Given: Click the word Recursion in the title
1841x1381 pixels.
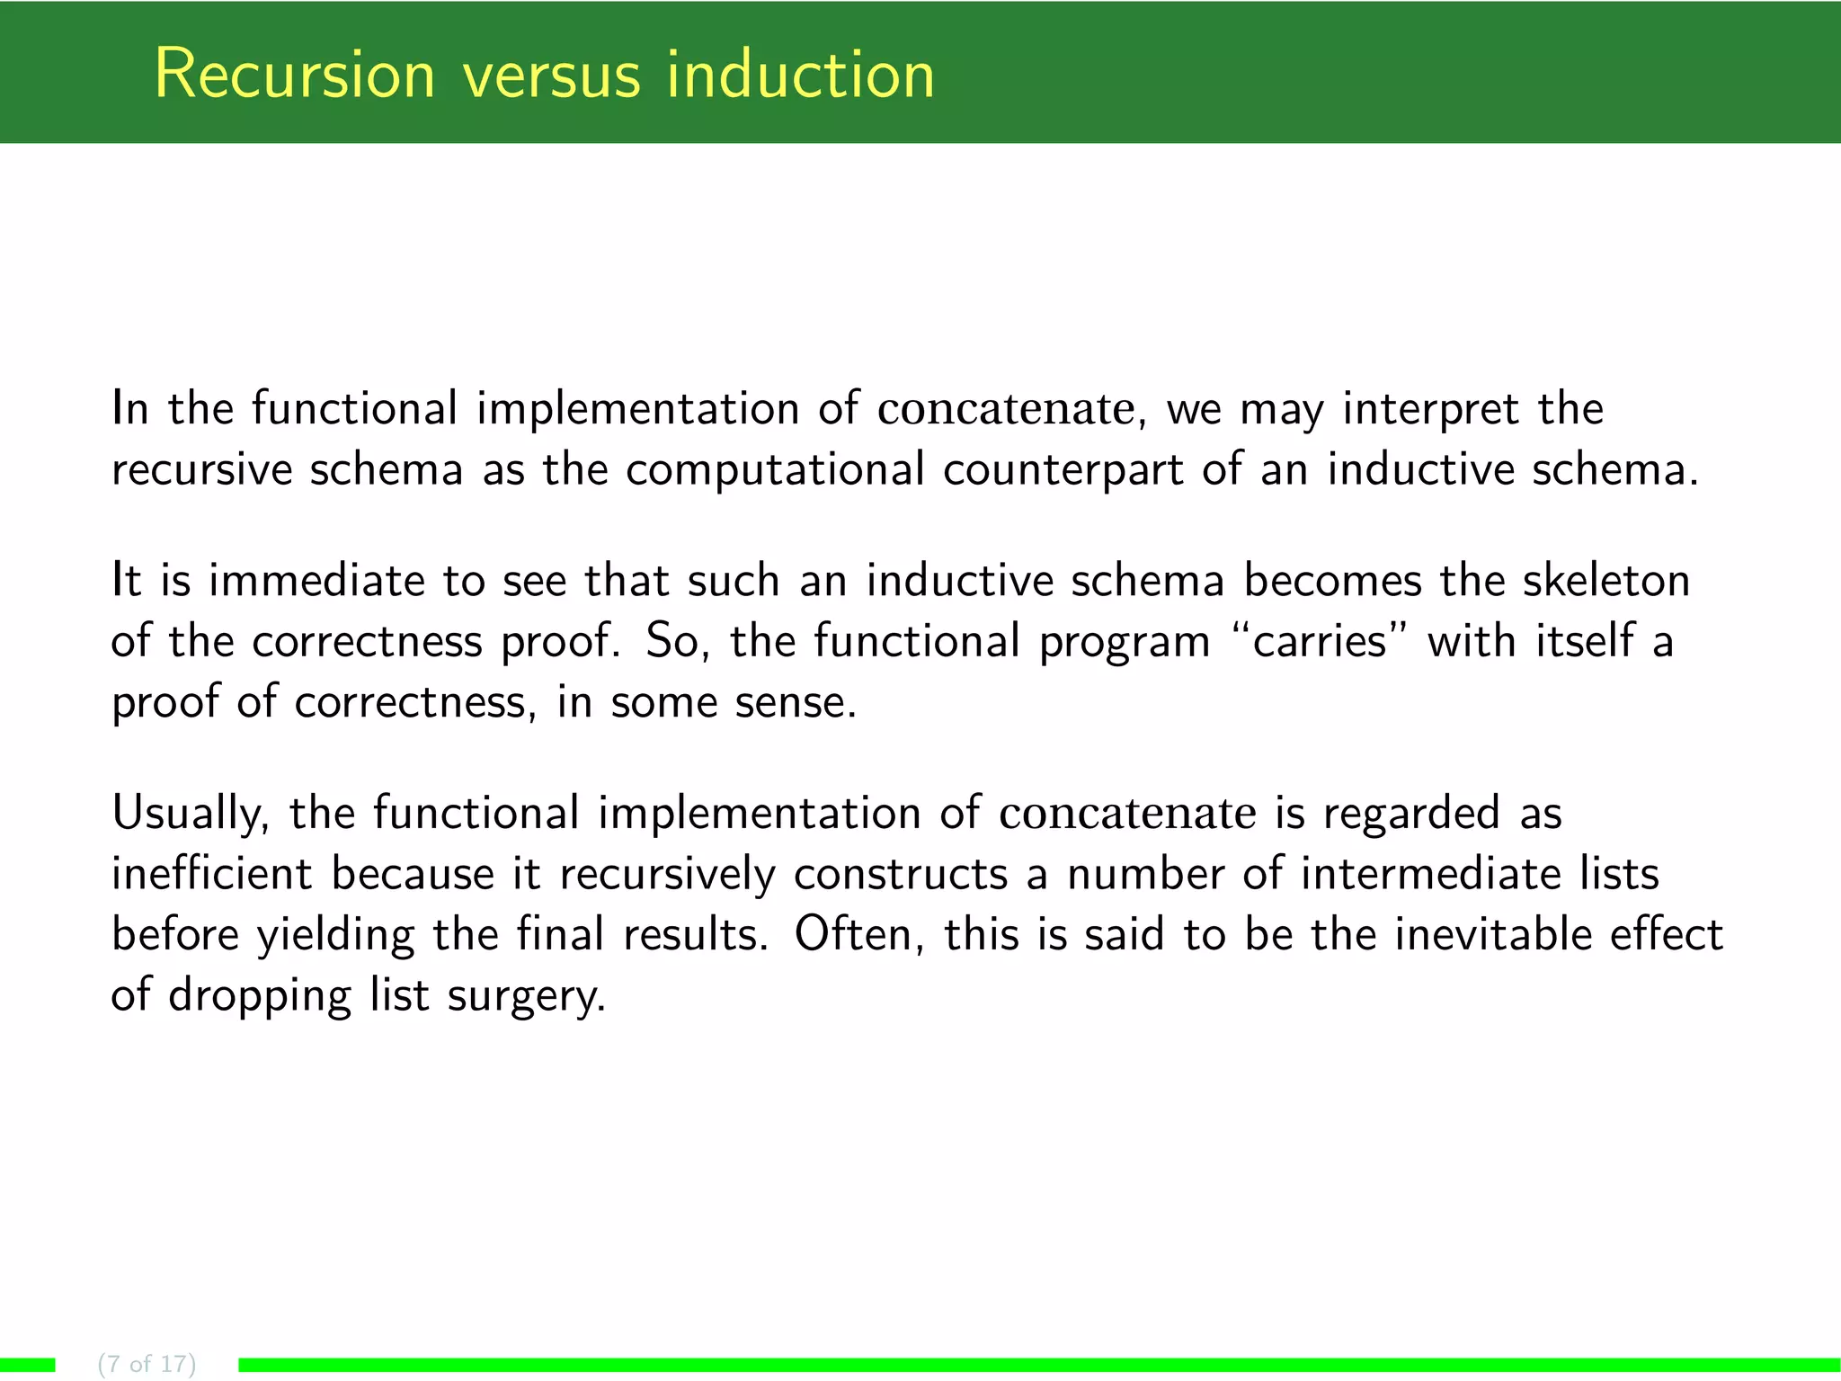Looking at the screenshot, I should (295, 74).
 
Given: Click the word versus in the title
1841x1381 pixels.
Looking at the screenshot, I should (552, 74).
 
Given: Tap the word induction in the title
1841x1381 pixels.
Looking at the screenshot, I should (800, 74).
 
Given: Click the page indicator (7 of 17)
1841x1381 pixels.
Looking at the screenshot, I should (147, 1364).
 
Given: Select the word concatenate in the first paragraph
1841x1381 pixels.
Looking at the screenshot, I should (1007, 409).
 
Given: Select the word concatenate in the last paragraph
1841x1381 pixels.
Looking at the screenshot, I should (1128, 814).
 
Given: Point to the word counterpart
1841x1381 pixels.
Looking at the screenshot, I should (1063, 470).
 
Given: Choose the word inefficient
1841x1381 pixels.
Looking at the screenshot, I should (212, 875).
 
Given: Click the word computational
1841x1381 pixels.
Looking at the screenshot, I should (775, 470).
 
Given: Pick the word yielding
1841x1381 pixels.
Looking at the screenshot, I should (335, 935).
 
